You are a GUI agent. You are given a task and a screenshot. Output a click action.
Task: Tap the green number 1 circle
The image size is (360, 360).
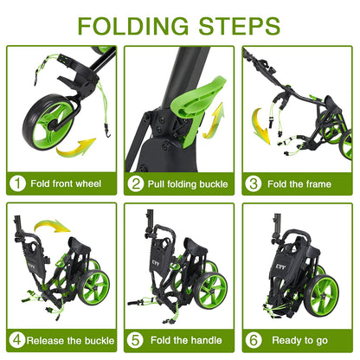click(17, 183)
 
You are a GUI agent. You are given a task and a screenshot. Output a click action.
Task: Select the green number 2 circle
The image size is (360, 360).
click(136, 183)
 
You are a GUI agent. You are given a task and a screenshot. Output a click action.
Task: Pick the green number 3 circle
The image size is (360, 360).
click(254, 183)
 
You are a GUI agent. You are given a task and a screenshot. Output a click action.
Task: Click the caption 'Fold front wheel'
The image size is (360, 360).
click(66, 183)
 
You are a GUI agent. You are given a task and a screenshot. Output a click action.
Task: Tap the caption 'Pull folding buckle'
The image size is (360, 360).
click(188, 183)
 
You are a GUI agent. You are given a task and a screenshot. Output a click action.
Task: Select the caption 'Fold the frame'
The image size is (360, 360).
click(301, 183)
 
